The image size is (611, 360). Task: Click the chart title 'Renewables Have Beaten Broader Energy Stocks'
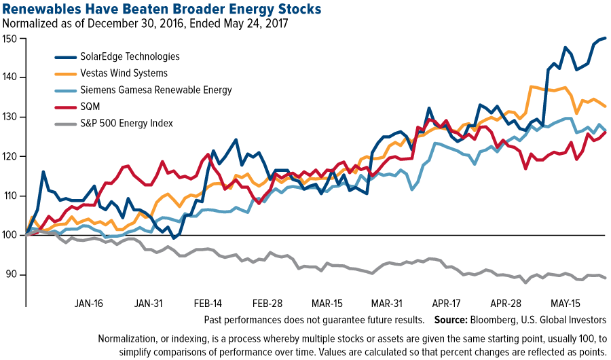click(162, 9)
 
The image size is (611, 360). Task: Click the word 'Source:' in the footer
click(453, 319)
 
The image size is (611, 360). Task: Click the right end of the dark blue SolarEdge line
click(606, 38)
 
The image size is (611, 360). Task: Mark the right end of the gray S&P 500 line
click(606, 278)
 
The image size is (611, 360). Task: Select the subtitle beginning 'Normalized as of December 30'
click(145, 24)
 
